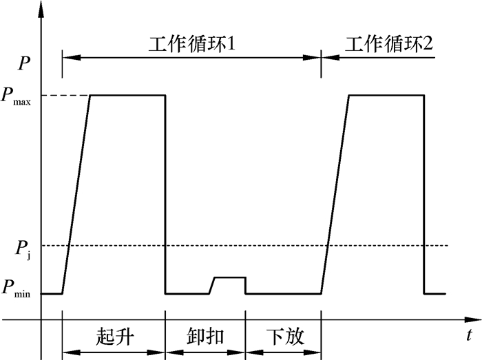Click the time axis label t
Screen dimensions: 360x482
[468, 335]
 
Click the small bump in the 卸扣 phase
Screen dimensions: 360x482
[228, 277]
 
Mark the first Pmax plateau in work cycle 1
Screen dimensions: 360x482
[127, 95]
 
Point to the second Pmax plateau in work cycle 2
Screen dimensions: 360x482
[386, 95]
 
